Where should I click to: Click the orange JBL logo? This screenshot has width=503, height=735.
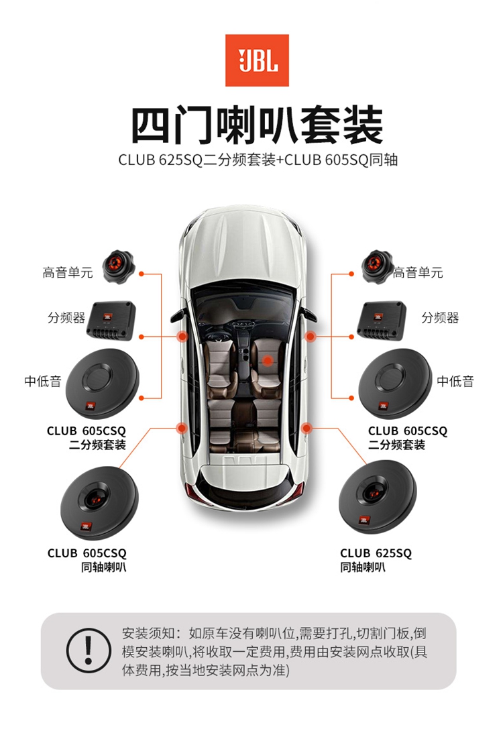point(257,60)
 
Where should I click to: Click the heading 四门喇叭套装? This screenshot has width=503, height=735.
point(257,125)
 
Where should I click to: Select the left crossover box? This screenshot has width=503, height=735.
point(111,321)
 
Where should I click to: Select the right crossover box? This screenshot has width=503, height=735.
point(382,321)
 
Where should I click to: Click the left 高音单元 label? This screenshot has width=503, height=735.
point(68,273)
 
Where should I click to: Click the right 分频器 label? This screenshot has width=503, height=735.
point(440,318)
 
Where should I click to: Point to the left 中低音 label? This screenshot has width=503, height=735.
point(43,382)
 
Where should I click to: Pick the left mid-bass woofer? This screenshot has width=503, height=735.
point(102,384)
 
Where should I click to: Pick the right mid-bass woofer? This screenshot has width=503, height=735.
point(395,384)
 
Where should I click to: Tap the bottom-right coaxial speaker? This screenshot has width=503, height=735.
point(378,497)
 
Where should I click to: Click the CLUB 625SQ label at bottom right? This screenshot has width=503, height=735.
point(376,553)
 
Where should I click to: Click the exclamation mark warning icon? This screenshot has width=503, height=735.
point(88,651)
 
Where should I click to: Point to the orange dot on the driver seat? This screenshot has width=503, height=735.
point(267,361)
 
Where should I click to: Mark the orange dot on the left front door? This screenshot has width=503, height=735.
point(182,336)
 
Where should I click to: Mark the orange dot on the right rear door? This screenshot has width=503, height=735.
point(306,428)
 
